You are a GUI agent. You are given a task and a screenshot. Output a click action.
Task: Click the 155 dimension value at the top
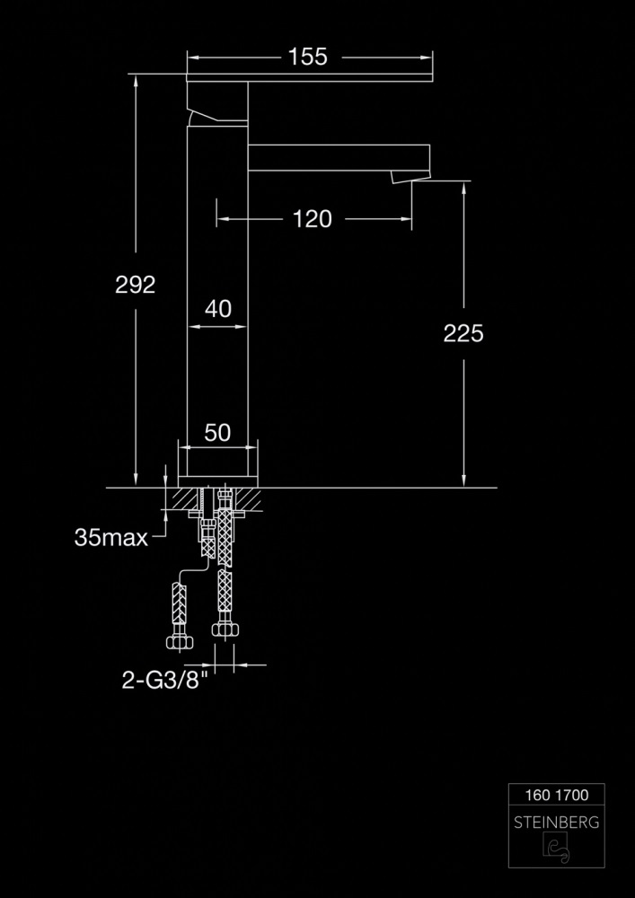pos(307,57)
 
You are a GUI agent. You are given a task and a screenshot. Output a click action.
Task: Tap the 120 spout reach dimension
pos(312,219)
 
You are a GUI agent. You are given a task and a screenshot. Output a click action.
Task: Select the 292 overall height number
pos(135,285)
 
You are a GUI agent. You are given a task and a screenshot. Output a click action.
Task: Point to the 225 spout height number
pos(463,333)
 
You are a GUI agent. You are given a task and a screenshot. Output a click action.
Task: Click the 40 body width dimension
pos(218,309)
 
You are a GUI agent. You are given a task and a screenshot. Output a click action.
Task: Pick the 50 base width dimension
pos(217,433)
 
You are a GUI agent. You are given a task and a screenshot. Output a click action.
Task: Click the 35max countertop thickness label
pos(111,537)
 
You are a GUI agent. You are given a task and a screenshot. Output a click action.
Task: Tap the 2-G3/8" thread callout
pos(165,680)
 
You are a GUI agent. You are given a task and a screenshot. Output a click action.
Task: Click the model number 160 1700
pos(557,795)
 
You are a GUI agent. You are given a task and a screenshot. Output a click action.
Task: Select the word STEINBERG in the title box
pos(557,823)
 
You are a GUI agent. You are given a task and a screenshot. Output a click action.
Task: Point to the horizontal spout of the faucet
pos(339,157)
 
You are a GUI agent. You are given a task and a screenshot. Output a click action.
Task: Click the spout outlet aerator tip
pos(410,177)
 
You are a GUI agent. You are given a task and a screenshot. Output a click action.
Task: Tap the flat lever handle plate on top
pos(309,77)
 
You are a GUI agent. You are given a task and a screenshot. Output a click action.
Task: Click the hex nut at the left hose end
pos(180,642)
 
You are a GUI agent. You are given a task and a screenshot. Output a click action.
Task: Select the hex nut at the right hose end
pos(225,629)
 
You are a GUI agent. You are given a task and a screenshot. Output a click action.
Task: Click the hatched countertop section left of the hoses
pos(186,498)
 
